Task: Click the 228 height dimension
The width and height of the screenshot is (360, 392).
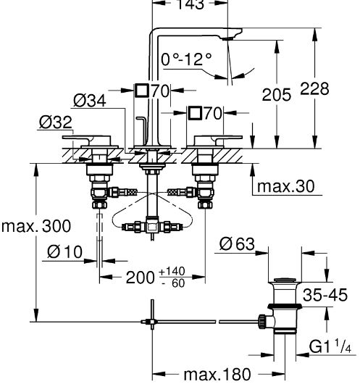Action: click(314, 88)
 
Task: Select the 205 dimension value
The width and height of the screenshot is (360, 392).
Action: click(277, 94)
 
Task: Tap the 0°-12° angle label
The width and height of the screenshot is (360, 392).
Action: click(186, 59)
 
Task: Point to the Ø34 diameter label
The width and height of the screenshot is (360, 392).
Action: click(90, 101)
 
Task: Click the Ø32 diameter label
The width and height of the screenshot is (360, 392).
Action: click(56, 122)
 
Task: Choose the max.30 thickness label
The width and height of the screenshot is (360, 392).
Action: click(285, 186)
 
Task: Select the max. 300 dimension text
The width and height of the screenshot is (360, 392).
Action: click(36, 226)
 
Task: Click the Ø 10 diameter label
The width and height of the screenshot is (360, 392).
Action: click(64, 251)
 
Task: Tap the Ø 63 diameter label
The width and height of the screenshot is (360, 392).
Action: click(237, 243)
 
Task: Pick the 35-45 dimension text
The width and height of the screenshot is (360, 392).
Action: click(325, 295)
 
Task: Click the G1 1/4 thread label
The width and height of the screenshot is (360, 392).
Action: click(330, 346)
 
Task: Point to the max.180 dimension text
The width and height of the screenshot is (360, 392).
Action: click(217, 375)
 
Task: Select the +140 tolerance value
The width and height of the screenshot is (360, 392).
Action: click(172, 271)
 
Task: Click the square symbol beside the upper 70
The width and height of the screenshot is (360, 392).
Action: click(142, 91)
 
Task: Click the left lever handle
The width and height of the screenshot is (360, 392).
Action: click(87, 141)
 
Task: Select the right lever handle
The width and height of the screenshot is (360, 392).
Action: click(218, 141)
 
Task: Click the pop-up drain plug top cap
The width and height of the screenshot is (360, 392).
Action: click(285, 280)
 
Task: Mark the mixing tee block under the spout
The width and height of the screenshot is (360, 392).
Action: click(152, 226)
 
